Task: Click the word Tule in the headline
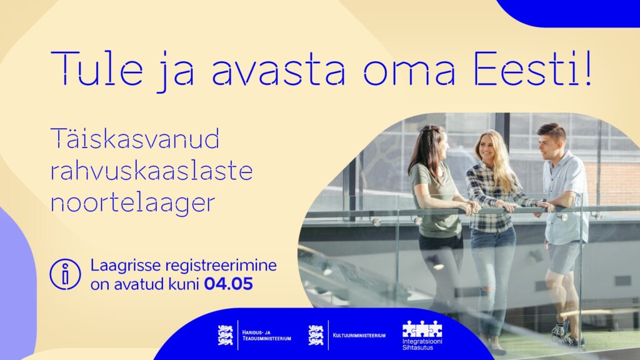point(97,67)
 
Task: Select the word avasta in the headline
point(278,70)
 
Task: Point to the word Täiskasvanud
point(135,138)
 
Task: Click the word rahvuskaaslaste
point(151,170)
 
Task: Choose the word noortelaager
point(132,203)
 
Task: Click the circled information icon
point(65,274)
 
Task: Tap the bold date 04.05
point(229,284)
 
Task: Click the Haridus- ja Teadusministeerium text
point(266,336)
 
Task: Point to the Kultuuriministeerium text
point(359,336)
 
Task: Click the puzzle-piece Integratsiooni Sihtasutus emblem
point(422,329)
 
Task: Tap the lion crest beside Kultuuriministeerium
point(316,335)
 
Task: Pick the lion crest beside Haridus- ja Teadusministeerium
point(225,335)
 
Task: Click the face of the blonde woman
point(487,146)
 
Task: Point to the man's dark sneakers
point(565,332)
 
